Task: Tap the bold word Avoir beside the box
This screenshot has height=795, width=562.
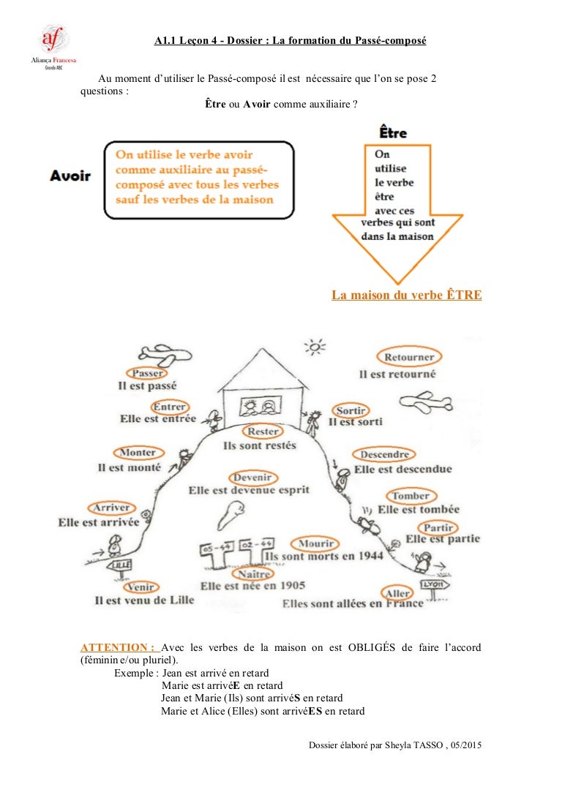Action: click(70, 176)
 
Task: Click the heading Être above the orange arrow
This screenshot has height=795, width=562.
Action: click(393, 133)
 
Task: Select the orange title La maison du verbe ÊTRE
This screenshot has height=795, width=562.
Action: click(407, 295)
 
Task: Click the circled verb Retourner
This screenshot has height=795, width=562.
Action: click(409, 358)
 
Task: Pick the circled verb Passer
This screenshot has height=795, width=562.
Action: click(147, 373)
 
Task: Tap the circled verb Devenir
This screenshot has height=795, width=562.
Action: click(252, 478)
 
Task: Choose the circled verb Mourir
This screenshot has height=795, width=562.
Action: click(315, 543)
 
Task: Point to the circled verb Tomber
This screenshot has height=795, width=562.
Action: click(411, 496)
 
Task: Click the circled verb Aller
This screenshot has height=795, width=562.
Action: click(398, 592)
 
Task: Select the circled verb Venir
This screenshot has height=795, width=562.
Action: click(140, 587)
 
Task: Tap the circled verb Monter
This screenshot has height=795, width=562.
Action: click(137, 453)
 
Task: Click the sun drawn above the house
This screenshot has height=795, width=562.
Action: click(315, 346)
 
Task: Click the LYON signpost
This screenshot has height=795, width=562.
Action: click(436, 585)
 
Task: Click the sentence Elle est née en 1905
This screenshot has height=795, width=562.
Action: click(252, 586)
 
